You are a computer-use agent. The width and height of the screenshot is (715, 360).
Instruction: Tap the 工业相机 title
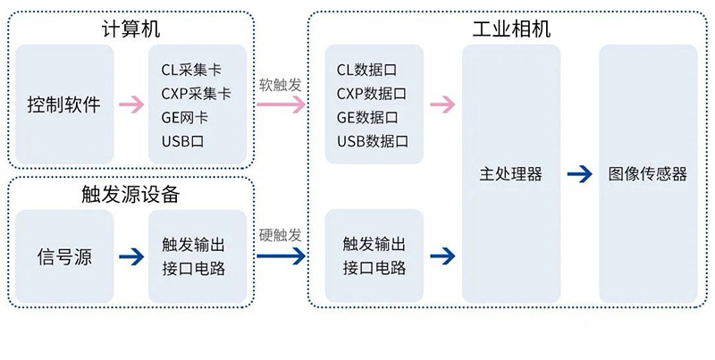[510, 29]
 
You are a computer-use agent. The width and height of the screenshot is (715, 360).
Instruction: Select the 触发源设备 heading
[130, 194]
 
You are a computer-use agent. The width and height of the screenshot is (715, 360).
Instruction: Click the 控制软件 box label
[63, 105]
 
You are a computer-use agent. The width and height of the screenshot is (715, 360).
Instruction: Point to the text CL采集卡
[191, 69]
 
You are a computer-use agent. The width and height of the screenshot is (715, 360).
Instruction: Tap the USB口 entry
[183, 141]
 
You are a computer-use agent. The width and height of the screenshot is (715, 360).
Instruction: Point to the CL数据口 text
[367, 69]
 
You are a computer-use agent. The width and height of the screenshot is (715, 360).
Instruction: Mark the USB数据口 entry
[373, 141]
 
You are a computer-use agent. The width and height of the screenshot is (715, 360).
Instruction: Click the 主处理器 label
[510, 174]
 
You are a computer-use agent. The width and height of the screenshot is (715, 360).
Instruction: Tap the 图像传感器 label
[648, 174]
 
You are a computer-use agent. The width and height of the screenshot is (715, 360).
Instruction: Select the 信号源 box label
[63, 257]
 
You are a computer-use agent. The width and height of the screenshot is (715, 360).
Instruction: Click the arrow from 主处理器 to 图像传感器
[579, 174]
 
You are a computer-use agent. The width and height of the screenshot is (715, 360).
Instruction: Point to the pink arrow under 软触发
[281, 105]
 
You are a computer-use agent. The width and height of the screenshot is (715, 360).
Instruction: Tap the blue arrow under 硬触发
[281, 257]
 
